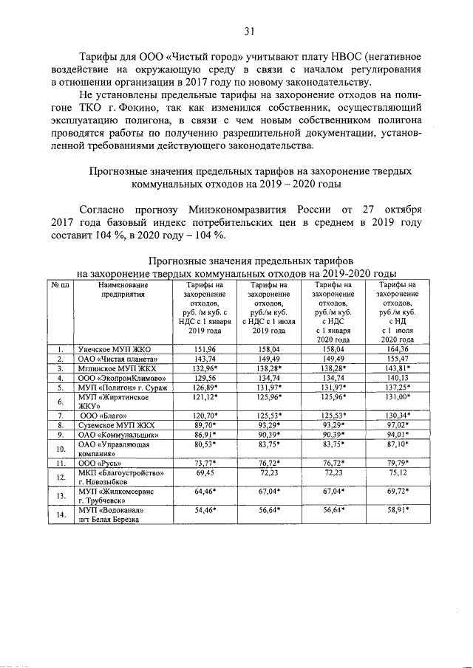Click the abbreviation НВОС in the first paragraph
331,57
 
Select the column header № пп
60,285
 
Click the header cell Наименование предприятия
115,289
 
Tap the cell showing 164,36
397,348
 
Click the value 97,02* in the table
397,425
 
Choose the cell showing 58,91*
397,509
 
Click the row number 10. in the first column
60,449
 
